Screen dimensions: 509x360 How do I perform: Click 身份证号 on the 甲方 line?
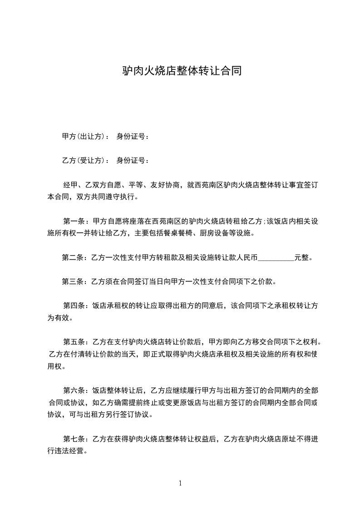point(131,136)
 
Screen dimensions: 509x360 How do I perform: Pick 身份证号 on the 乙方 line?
point(131,160)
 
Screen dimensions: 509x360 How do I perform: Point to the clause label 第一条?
point(74,221)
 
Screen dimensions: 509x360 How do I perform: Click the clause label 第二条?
point(73,258)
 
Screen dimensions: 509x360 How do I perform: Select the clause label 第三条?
point(73,282)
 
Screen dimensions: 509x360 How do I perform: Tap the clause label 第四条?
point(74,306)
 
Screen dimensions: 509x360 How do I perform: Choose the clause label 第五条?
point(74,342)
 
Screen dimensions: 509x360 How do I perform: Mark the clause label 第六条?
point(74,390)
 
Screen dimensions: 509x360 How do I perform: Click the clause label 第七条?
point(74,439)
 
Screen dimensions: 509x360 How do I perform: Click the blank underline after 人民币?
point(276,259)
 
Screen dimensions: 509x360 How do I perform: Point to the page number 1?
point(180,483)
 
